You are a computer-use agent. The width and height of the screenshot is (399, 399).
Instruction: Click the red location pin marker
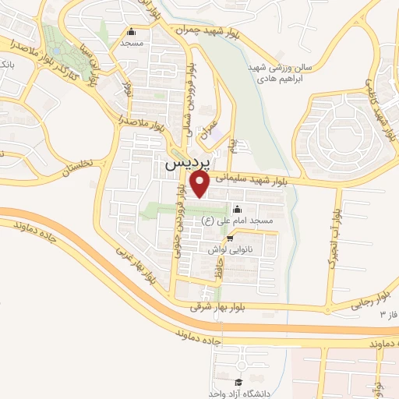[x=200, y=184]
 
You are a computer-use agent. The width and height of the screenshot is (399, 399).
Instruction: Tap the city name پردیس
[x=187, y=165]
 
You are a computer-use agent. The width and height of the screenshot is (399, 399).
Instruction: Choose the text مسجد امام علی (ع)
[x=237, y=222]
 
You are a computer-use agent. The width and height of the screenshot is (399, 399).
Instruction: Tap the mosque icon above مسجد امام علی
[x=237, y=210]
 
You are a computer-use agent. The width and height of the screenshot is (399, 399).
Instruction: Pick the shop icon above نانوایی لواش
[x=228, y=238]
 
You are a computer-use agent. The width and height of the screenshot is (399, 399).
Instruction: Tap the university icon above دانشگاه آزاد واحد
[x=238, y=382]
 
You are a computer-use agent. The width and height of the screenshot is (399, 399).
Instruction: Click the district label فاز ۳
[x=388, y=314]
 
